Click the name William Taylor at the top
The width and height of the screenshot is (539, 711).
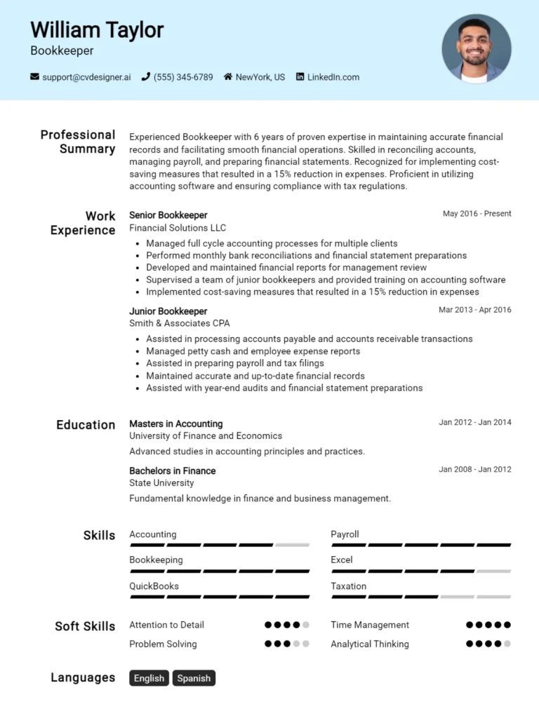point(97,30)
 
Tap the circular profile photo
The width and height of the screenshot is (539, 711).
point(476,49)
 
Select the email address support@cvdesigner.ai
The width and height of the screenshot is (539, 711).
point(86,77)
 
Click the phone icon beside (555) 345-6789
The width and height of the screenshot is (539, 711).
point(146,77)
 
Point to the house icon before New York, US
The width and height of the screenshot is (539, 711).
point(228,77)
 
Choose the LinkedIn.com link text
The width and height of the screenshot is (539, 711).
point(333,77)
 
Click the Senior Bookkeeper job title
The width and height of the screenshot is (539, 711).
point(168,215)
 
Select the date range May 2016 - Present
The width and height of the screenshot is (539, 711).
point(477,214)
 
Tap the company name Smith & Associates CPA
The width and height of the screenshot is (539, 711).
point(179,323)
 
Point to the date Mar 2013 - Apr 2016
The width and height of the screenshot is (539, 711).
point(474,310)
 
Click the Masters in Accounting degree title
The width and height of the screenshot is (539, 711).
point(175,424)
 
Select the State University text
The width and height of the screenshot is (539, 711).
point(161,482)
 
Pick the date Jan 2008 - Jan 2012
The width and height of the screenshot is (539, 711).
point(474,469)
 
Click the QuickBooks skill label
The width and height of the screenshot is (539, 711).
point(154,586)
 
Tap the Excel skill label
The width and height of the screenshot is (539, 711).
point(341,560)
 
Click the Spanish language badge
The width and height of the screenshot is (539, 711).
point(194,678)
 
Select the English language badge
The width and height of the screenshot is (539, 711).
point(149,678)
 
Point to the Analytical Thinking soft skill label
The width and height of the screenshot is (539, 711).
point(369,644)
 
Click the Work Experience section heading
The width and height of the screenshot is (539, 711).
point(83,223)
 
